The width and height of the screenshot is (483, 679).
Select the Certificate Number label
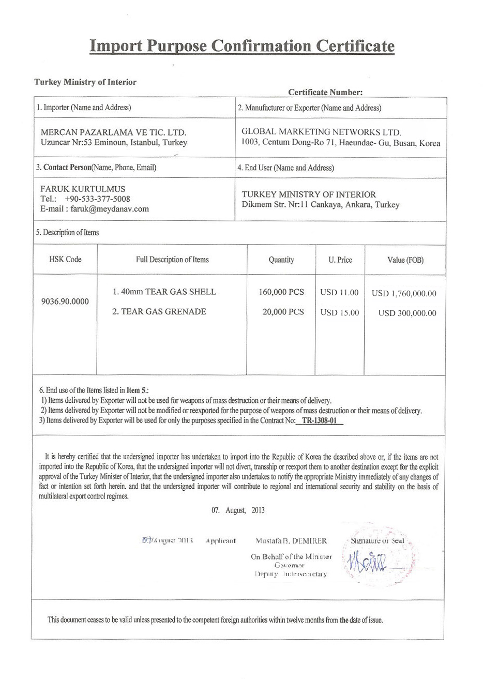325,93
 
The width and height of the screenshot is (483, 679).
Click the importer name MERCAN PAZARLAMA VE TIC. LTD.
113,132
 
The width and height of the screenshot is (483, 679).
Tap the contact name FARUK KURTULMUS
83,189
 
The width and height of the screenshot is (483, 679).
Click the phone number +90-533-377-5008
97,199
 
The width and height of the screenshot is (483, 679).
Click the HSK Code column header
65,260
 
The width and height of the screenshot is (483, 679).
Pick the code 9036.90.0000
65,301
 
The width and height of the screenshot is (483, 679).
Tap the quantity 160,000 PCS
281,292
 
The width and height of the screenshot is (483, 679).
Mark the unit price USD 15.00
339,313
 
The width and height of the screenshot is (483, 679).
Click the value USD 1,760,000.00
404,293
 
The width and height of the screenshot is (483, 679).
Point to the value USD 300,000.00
407,313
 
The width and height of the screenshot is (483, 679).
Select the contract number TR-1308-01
319,421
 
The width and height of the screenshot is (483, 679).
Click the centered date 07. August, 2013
238,510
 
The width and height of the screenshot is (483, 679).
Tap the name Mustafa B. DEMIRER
291,541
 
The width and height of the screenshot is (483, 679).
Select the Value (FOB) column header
405,260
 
